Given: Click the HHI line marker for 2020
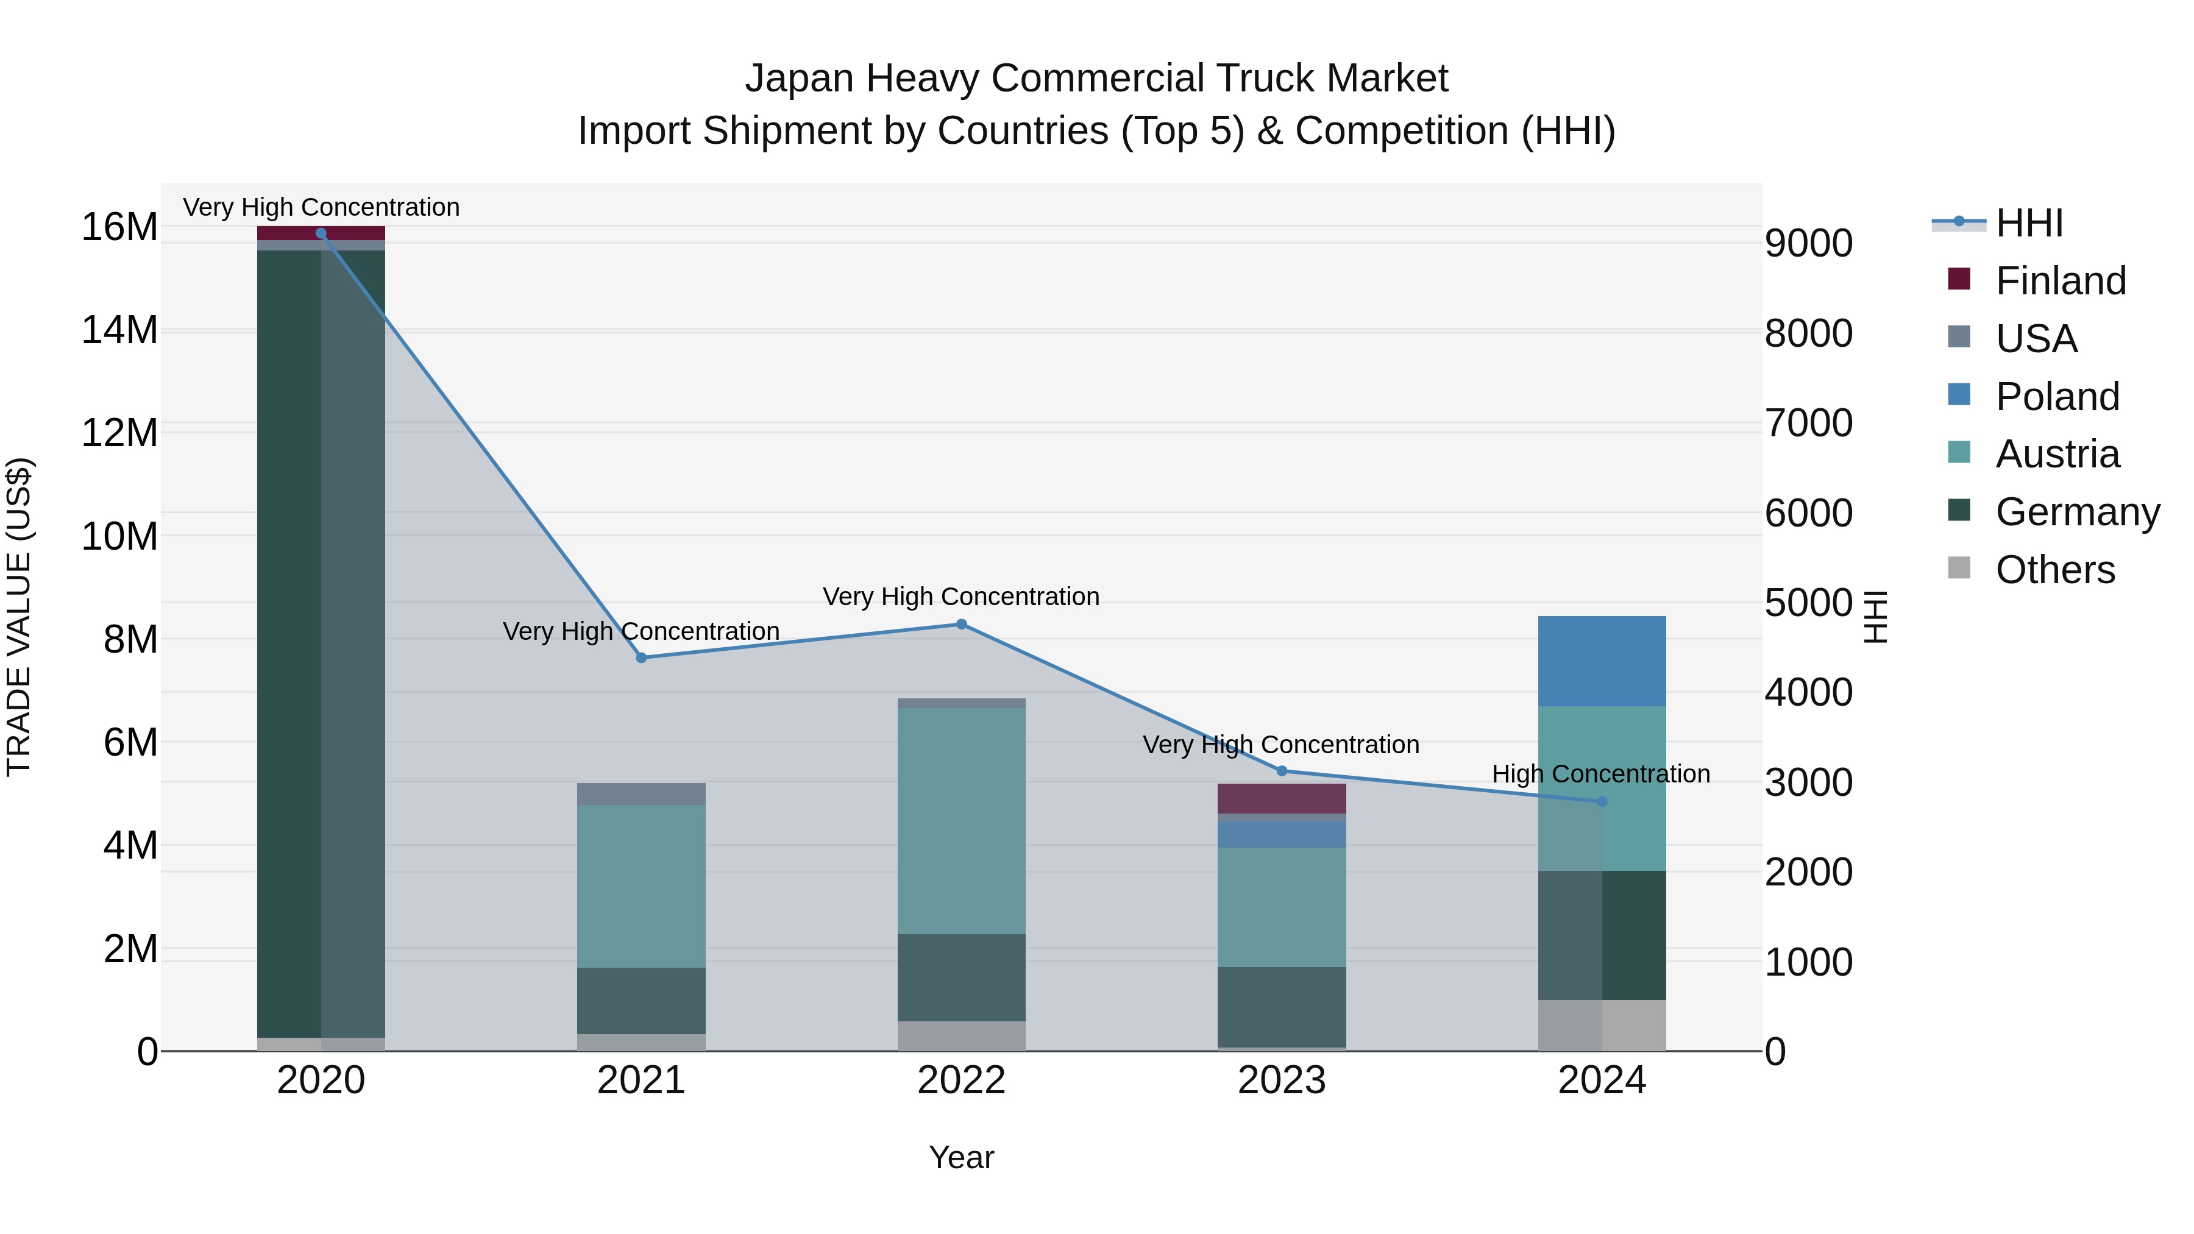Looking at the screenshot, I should (321, 233).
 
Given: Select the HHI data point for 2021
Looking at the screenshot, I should (641, 658).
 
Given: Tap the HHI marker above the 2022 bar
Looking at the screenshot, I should (962, 624).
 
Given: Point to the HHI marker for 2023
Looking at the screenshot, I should (1282, 771).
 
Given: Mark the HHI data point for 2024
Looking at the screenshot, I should (1602, 801).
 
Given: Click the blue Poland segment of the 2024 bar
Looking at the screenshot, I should (1602, 661).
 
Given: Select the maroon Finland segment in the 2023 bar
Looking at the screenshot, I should (1282, 798).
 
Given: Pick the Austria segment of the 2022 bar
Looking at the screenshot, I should (962, 821).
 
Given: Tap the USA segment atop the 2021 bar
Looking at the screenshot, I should (641, 793).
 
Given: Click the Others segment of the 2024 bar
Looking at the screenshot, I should (1602, 1026).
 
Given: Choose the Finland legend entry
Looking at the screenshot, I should (2061, 281).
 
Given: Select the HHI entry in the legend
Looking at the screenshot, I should (2029, 223).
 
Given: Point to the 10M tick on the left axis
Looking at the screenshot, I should (119, 536).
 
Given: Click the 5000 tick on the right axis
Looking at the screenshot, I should (1808, 603).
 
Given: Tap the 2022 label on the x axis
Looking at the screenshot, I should (962, 1080).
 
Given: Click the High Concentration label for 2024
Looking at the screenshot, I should (1601, 774).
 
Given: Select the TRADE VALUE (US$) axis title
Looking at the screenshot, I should (19, 617).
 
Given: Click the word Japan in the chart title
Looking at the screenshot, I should (799, 79).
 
